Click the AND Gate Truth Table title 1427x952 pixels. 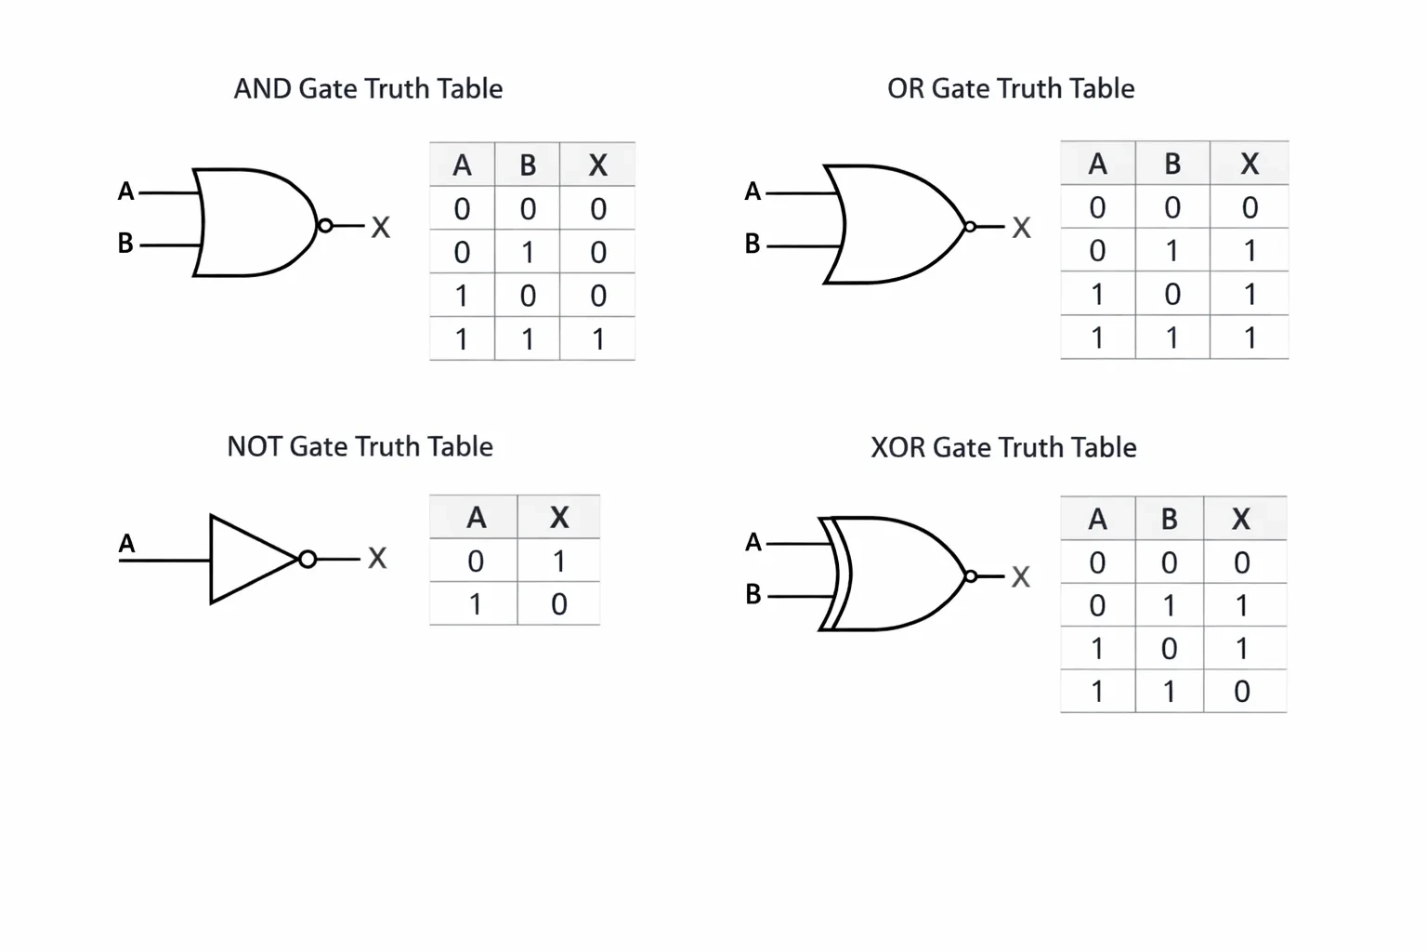pos(368,88)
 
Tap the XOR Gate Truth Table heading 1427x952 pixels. pos(1003,447)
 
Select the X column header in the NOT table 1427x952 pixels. pos(558,517)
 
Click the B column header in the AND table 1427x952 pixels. pos(528,165)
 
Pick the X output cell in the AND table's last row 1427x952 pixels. pos(597,338)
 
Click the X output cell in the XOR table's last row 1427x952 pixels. pos(1241,691)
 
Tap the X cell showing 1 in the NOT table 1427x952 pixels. pos(558,562)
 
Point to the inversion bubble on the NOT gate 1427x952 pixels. pos(308,560)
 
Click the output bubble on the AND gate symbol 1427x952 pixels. pos(325,226)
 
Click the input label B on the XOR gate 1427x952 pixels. pos(753,594)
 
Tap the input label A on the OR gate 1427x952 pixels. pos(753,192)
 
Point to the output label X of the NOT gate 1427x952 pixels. pos(377,559)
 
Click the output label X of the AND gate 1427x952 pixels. pos(380,227)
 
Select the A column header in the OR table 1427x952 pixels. pos(1097,164)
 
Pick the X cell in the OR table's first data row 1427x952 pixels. pos(1250,207)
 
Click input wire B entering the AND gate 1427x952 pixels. pos(170,245)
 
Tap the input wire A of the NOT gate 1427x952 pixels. pos(164,561)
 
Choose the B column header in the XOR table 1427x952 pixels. pos(1169,519)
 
